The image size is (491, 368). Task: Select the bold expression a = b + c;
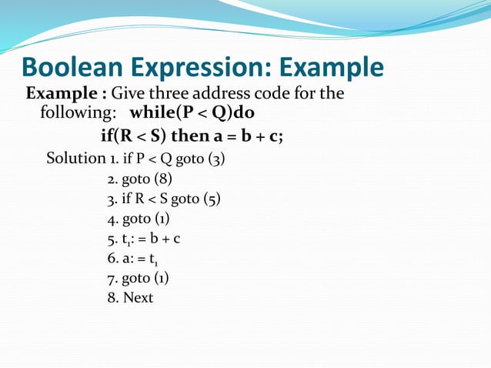click(x=252, y=137)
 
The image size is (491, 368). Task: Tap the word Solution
click(x=72, y=159)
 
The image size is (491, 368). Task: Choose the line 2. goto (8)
click(x=139, y=179)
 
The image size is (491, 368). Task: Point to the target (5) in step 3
click(x=212, y=199)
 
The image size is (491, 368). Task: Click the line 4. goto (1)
click(x=139, y=219)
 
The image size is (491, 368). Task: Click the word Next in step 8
click(x=138, y=297)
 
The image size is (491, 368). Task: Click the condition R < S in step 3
click(x=149, y=199)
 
